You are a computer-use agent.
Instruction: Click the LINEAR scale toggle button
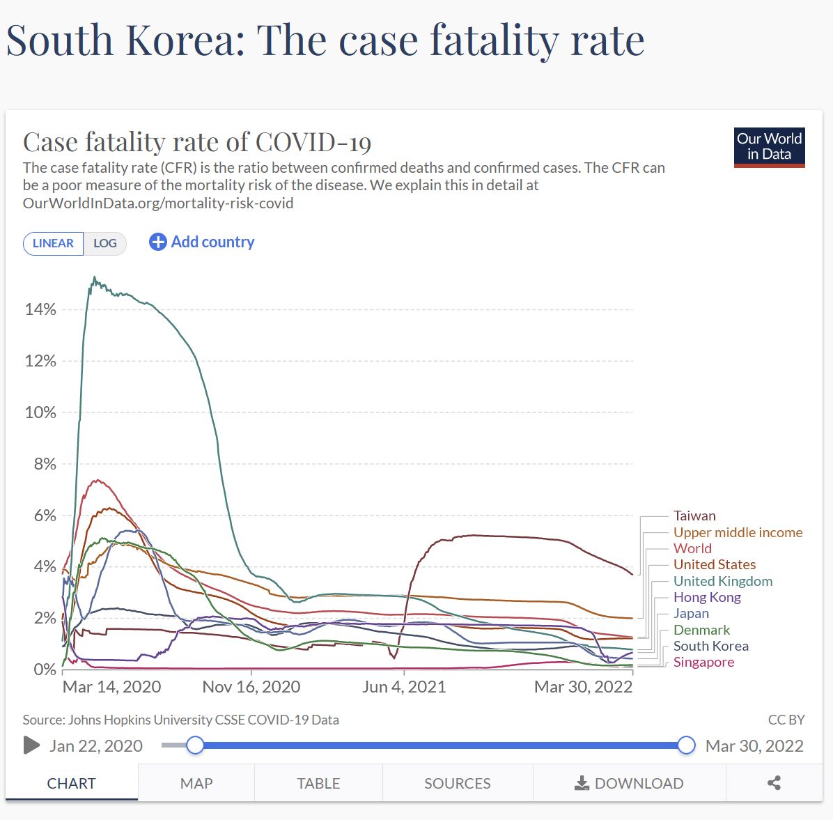tap(54, 243)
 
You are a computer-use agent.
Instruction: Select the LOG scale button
tap(105, 243)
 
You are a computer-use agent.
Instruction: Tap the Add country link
tap(202, 242)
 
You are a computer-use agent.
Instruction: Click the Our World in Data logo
tap(769, 147)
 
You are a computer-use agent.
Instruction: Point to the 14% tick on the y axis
tap(40, 309)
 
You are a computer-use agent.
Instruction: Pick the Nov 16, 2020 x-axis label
tap(251, 687)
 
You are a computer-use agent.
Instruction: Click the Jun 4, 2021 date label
tap(404, 687)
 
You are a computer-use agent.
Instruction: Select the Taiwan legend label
tap(694, 516)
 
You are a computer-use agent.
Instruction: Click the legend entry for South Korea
tap(710, 646)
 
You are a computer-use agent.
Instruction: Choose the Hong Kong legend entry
tap(707, 597)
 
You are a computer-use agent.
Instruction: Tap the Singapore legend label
tap(703, 662)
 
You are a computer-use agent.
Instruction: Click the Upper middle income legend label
tap(738, 532)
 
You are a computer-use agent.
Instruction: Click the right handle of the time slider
tap(686, 745)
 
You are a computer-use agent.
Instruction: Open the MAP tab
tap(196, 783)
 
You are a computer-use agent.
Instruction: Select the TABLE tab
tap(318, 783)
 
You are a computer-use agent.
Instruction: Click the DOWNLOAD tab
tap(629, 783)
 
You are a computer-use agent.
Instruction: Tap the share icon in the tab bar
tap(774, 783)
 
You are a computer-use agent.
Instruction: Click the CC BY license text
tap(786, 720)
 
